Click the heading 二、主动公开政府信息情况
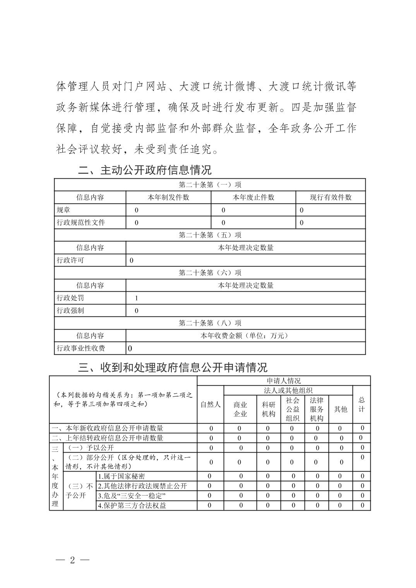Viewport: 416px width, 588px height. pos(145,170)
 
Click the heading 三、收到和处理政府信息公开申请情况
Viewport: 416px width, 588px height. pos(173,367)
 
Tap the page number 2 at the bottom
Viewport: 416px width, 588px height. pos(72,560)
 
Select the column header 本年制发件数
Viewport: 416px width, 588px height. pos(168,197)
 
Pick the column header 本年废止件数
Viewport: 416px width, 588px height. pos(253,197)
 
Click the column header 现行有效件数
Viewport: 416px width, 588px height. pos(330,197)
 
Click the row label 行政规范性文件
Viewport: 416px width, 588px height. pos(81,222)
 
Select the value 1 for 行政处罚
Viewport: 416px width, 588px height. pos(136,298)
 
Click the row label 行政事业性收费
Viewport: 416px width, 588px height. pos(81,348)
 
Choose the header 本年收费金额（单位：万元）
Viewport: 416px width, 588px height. pos(245,335)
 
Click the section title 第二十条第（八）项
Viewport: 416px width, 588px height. pos(210,323)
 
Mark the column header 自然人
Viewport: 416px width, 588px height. pos(211,405)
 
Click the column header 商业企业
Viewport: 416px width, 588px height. pos(240,409)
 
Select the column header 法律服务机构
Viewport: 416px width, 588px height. pos(317,409)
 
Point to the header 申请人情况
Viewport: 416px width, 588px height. pos(284,381)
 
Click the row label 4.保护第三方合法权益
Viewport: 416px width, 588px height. pos(132,505)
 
